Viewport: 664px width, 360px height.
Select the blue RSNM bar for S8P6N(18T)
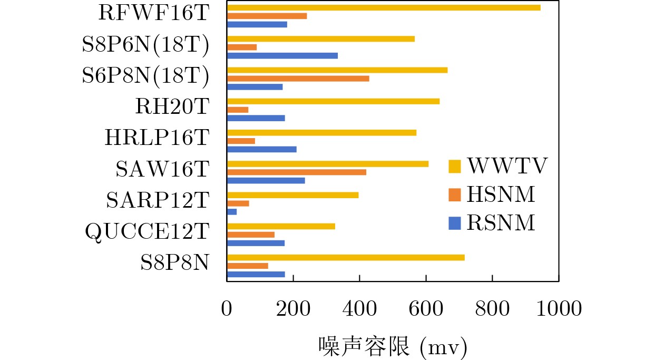pyautogui.click(x=282, y=55)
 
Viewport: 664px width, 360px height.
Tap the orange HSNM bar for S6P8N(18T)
pyautogui.click(x=298, y=79)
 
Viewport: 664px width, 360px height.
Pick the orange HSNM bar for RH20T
pyautogui.click(x=238, y=110)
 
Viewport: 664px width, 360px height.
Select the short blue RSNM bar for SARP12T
pyautogui.click(x=232, y=211)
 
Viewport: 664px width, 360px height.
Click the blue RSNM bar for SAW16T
pyautogui.click(x=266, y=180)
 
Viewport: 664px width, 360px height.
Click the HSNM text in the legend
pyautogui.click(x=501, y=195)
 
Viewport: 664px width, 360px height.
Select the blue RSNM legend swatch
pyautogui.click(x=455, y=223)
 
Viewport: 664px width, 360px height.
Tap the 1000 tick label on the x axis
pyautogui.click(x=558, y=309)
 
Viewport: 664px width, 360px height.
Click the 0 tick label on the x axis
pyautogui.click(x=227, y=309)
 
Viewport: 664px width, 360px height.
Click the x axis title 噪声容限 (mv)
pyautogui.click(x=393, y=346)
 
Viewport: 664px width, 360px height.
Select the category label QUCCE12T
pyautogui.click(x=147, y=231)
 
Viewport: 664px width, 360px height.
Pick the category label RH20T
pyautogui.click(x=172, y=107)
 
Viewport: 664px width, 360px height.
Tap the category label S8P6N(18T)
pyautogui.click(x=145, y=45)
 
